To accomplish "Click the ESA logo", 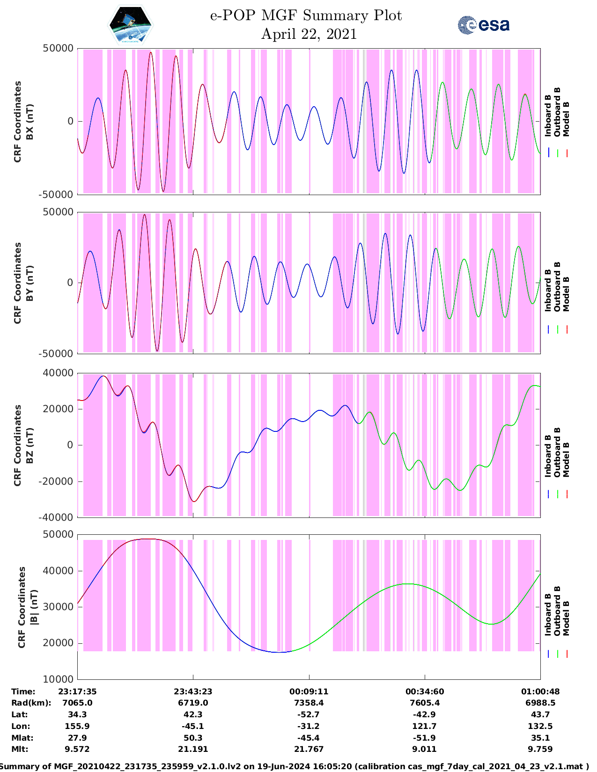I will tap(484, 25).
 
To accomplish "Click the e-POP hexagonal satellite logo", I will tap(131, 26).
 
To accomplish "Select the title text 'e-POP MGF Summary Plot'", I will tap(306, 15).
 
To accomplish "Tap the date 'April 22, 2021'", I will tap(309, 34).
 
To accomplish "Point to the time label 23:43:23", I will tap(193, 692).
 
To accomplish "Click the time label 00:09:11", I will tap(309, 692).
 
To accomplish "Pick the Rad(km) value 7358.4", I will tap(309, 703).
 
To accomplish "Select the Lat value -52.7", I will tap(309, 714).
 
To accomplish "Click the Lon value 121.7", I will tap(424, 726).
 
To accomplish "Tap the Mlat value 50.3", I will tap(193, 738).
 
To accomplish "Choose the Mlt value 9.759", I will tap(540, 749).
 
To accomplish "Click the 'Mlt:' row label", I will tap(20, 749).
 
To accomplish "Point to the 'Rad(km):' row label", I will tap(31, 703).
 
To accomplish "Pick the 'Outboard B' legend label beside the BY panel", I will tap(557, 286).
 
